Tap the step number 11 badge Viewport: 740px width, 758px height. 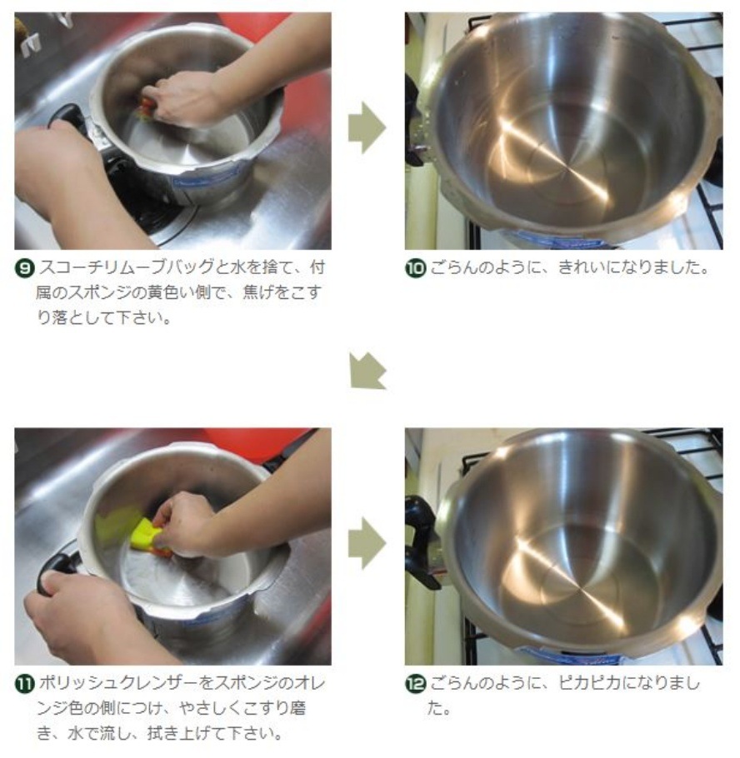[25, 685]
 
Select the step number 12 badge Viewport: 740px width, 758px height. [415, 685]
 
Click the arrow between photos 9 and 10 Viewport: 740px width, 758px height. [367, 128]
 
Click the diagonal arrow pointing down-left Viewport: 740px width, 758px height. [367, 372]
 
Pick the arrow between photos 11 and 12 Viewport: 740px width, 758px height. [367, 543]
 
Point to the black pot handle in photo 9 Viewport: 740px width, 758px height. [67, 118]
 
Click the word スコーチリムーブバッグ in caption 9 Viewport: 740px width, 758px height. [126, 267]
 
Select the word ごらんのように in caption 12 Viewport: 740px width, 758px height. [488, 683]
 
